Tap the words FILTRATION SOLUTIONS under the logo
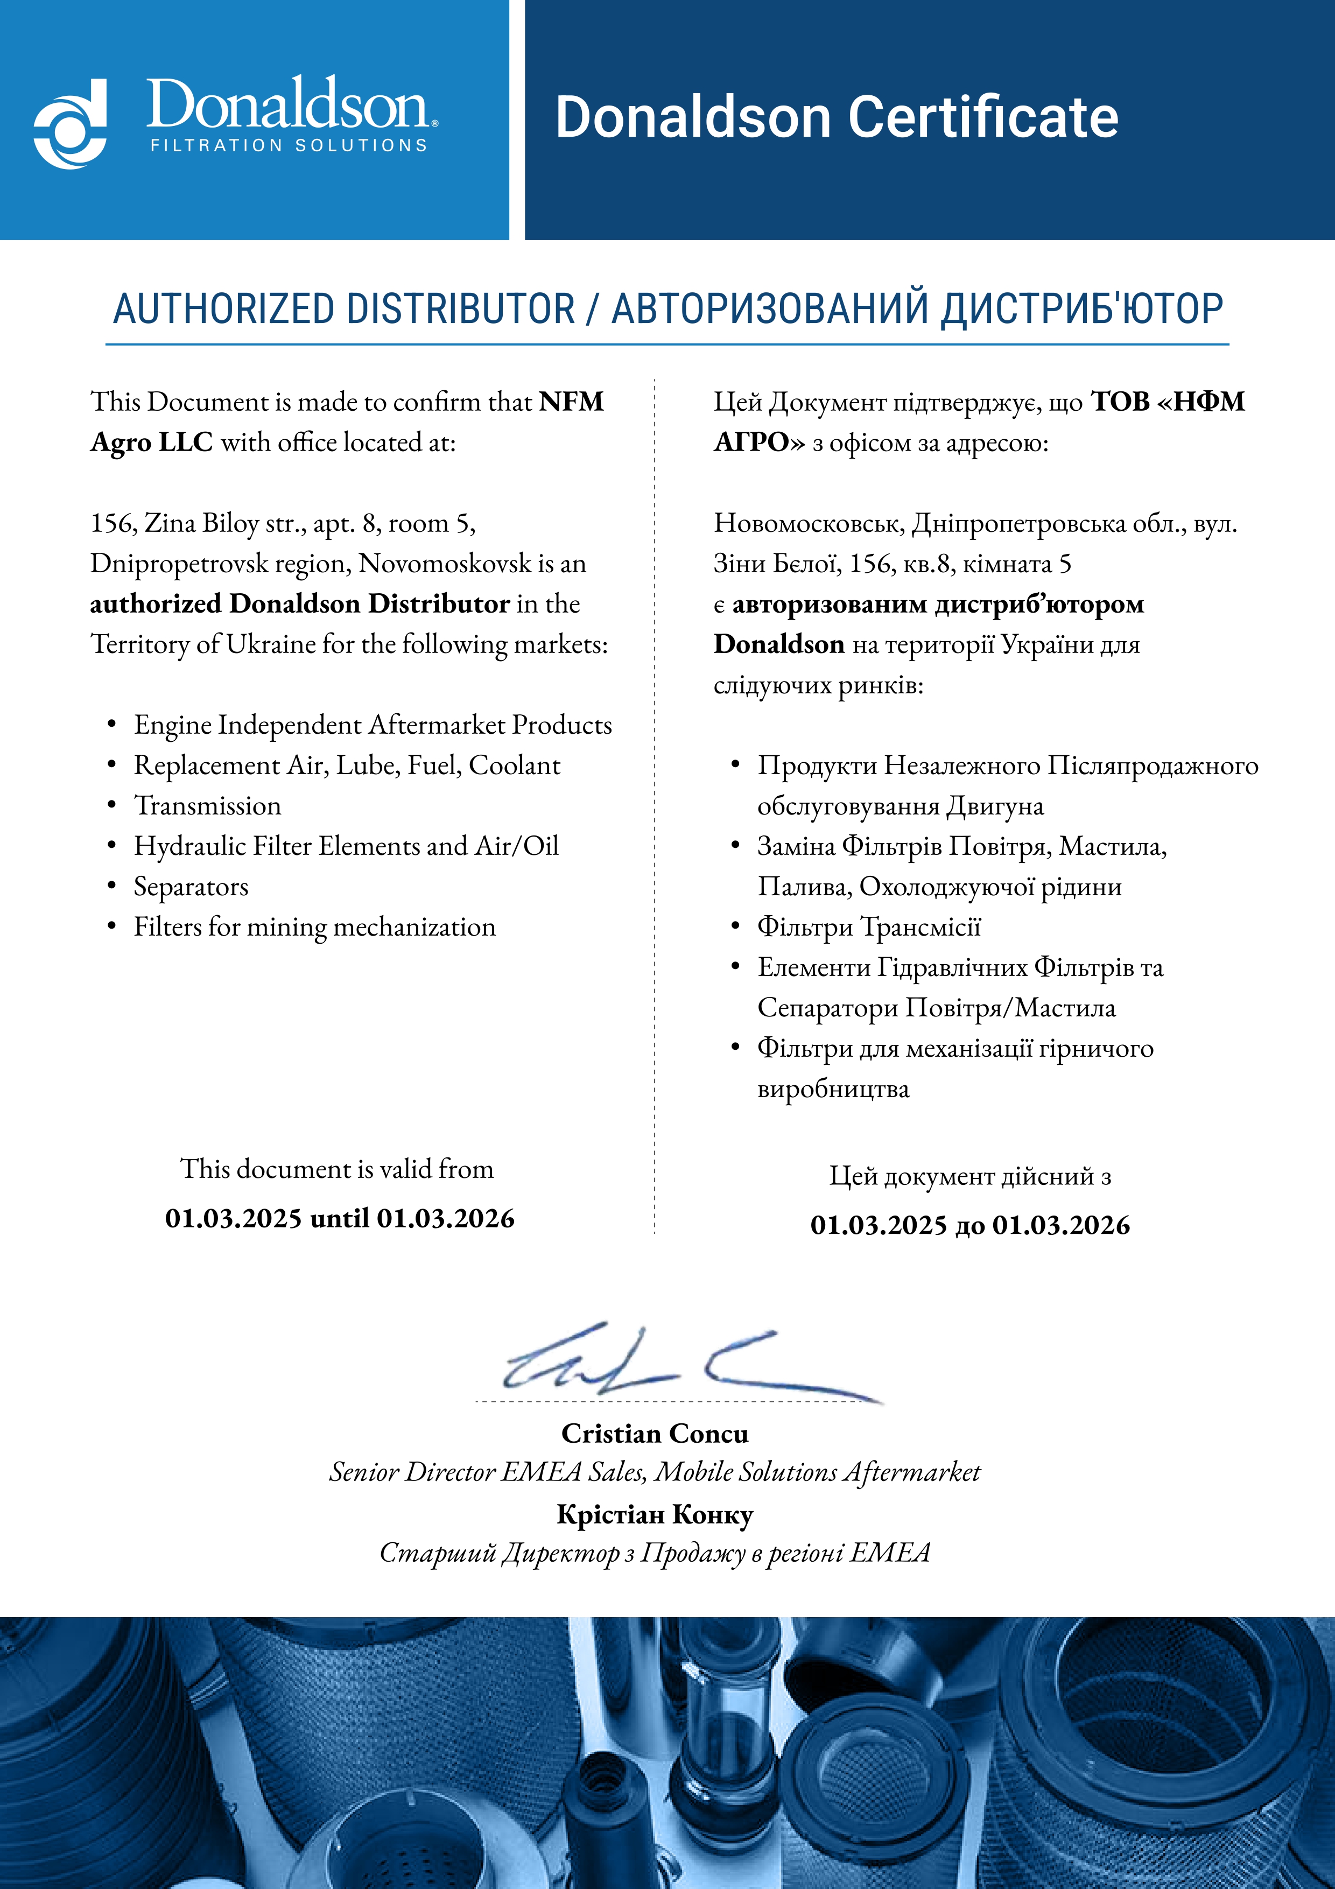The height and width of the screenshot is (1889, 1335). coord(289,146)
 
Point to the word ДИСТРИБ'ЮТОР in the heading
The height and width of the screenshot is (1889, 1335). coord(1081,310)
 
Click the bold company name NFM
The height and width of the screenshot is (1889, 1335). coord(572,402)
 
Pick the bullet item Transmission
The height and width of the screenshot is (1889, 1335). coord(207,805)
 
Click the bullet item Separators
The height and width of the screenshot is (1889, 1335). coord(191,886)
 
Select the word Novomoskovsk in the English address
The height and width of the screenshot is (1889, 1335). coord(444,564)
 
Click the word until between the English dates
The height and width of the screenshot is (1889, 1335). coord(339,1218)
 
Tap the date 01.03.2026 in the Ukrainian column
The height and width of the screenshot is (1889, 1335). coord(1060,1225)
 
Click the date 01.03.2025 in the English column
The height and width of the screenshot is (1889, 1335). coord(234,1218)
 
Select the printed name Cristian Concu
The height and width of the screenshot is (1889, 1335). coord(655,1432)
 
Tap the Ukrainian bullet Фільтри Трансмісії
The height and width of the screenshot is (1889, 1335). coord(869,927)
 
